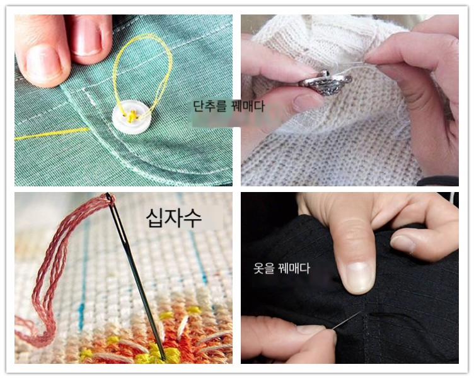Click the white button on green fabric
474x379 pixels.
[131, 117]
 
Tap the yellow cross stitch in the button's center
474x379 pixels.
[132, 116]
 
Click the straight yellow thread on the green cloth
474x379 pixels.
[52, 133]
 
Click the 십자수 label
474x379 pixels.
[173, 218]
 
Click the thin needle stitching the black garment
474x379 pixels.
[347, 320]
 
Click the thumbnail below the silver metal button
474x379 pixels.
[306, 103]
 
